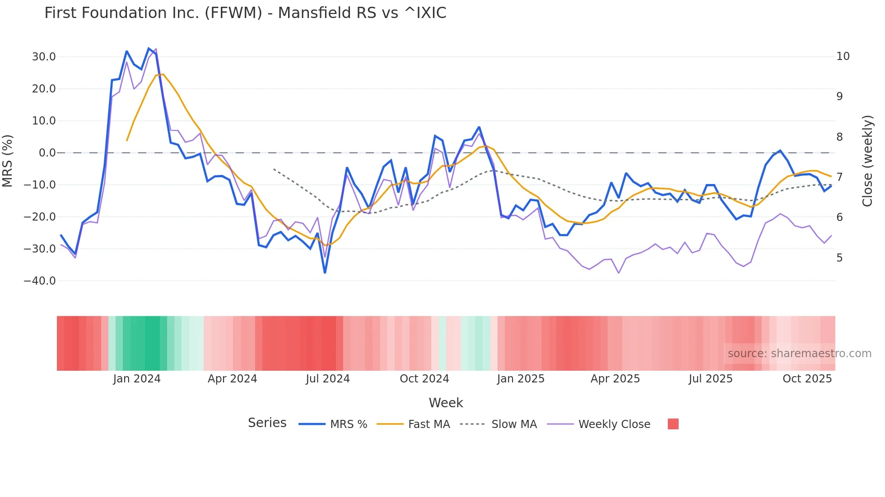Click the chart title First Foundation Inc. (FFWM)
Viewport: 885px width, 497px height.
tap(245, 13)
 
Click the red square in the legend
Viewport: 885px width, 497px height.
tap(673, 424)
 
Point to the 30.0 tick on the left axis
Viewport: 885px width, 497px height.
tap(44, 57)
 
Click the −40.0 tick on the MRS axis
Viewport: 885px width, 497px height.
tap(40, 281)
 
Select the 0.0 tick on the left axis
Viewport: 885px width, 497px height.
tap(47, 153)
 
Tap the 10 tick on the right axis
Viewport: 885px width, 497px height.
tap(843, 56)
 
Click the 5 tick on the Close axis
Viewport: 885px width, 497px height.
tap(839, 258)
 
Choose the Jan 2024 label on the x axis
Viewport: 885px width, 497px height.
tap(137, 379)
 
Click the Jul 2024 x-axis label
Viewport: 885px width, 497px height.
tap(328, 379)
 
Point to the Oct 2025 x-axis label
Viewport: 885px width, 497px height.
tap(807, 379)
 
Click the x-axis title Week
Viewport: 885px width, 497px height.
tap(446, 403)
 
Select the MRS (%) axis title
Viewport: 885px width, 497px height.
tap(8, 161)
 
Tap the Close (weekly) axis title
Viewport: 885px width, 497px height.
tap(867, 161)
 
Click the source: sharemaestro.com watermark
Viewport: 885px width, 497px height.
tap(799, 354)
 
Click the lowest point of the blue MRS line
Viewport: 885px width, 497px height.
tap(325, 273)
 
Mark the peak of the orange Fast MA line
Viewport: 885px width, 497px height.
tap(163, 74)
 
